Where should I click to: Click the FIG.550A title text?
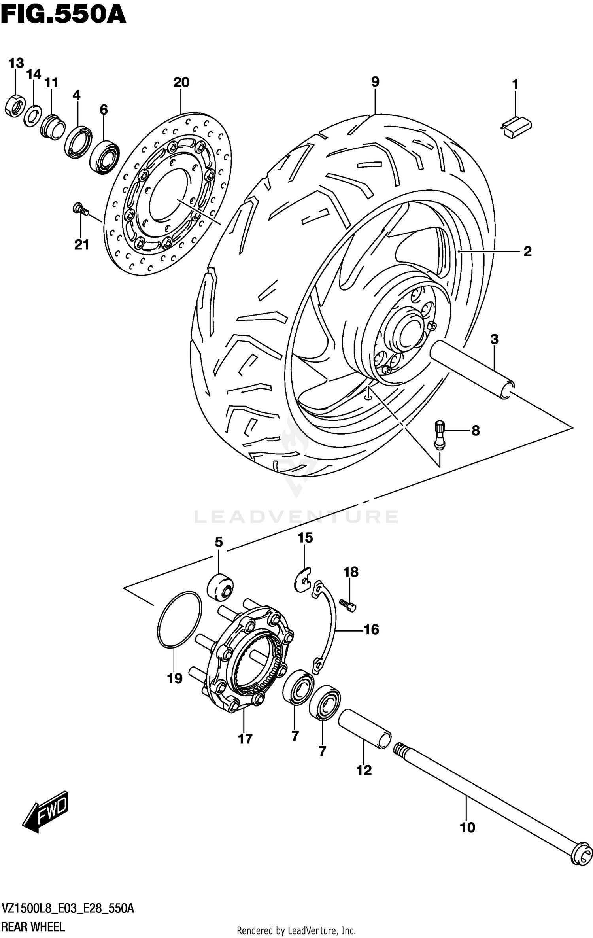pyautogui.click(x=63, y=16)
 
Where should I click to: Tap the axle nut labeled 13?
pyautogui.click(x=15, y=106)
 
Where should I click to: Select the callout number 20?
pyautogui.click(x=181, y=82)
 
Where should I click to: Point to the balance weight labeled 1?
pyautogui.click(x=516, y=127)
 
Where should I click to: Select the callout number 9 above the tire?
pyautogui.click(x=375, y=82)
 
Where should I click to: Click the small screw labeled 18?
pyautogui.click(x=348, y=605)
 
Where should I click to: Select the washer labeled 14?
pyautogui.click(x=33, y=115)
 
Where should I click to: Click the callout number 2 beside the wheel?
pyautogui.click(x=527, y=252)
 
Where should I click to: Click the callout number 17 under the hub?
pyautogui.click(x=245, y=739)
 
